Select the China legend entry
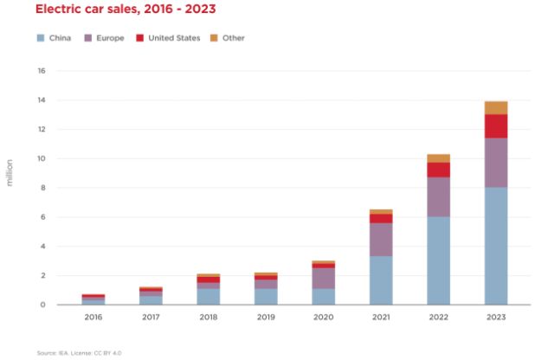[54, 38]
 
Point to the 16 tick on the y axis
[41, 71]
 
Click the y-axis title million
[10, 173]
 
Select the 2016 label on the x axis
[93, 318]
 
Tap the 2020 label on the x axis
[323, 318]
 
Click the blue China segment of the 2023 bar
[495, 246]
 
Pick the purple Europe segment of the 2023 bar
[495, 163]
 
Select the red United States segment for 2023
[495, 126]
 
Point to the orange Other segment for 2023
[495, 107]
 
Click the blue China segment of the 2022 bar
[438, 260]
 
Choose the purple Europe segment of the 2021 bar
[381, 240]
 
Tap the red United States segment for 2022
[438, 170]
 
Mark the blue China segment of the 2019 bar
[266, 297]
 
